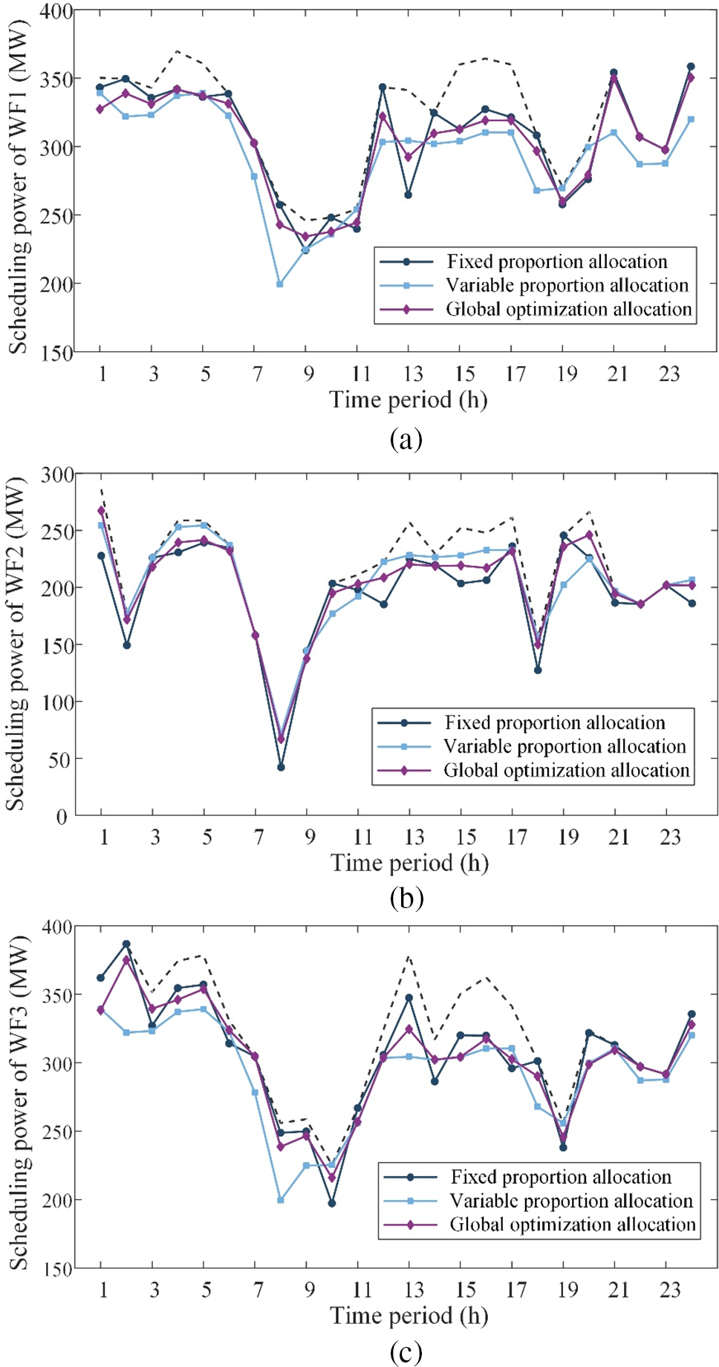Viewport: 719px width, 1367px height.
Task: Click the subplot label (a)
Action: pos(406,439)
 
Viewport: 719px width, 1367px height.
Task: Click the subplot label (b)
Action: pos(406,898)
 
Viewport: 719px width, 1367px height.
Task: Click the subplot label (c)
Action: pos(406,1352)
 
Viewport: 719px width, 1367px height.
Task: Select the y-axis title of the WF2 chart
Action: pos(16,643)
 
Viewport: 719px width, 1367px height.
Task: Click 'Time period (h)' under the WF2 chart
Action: pos(409,863)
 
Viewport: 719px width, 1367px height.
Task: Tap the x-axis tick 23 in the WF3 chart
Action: pos(670,1290)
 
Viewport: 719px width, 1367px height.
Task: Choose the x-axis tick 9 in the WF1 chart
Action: pos(308,373)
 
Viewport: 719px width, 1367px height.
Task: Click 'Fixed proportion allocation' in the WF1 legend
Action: pos(557,261)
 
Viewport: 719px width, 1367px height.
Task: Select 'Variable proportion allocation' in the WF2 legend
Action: pos(565,746)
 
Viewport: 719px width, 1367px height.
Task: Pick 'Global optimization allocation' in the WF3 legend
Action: pos(572,1224)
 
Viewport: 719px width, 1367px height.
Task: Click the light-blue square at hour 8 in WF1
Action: pos(280,284)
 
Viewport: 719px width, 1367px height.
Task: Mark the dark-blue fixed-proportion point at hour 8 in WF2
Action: pos(281,767)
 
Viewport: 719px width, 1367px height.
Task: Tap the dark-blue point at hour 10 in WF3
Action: pos(332,1203)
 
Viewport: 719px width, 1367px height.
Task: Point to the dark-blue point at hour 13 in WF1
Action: pos(409,195)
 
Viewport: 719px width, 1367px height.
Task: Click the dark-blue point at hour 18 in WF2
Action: pos(538,670)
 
